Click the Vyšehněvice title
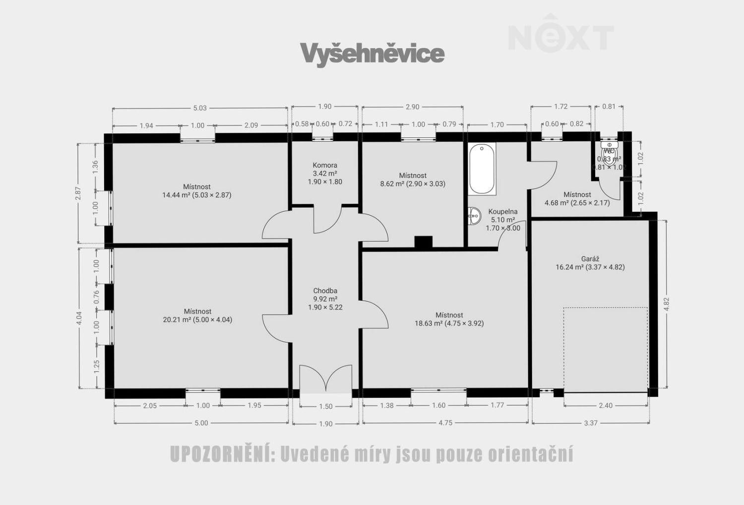coord(372,54)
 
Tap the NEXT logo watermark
coord(560,35)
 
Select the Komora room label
coord(325,173)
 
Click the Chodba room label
coord(325,299)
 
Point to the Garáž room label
coord(590,263)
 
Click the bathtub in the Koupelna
coord(482,169)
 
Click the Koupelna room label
coord(502,219)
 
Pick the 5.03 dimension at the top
coord(200,108)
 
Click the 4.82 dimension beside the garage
coord(666,304)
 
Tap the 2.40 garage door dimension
coord(606,405)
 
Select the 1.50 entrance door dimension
coord(325,406)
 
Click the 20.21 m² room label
coord(197,316)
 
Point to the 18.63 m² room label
coord(449,319)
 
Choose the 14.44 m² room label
coord(197,191)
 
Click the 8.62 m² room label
coord(413,180)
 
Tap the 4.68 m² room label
coord(577,198)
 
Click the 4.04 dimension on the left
coord(79,318)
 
